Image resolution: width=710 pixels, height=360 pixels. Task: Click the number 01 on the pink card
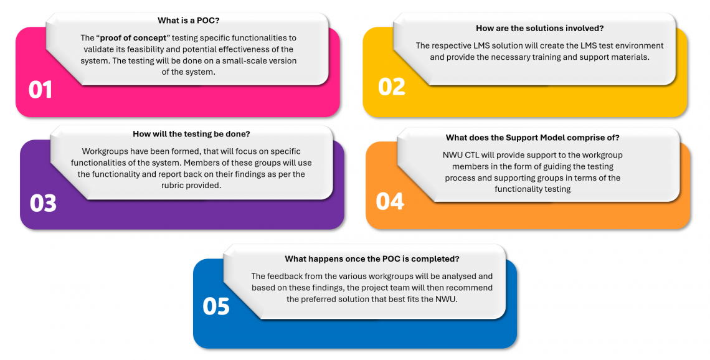click(40, 90)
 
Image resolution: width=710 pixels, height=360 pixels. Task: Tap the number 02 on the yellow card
click(391, 86)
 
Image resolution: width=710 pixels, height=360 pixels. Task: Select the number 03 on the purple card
click(43, 202)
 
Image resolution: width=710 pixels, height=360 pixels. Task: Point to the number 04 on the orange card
click(390, 201)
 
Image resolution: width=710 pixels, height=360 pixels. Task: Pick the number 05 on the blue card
click(216, 306)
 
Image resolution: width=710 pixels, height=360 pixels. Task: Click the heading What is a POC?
click(189, 21)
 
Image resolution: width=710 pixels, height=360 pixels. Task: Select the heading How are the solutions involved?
click(539, 28)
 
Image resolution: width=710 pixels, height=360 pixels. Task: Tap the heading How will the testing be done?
click(191, 134)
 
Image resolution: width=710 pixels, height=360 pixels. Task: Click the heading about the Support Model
click(532, 138)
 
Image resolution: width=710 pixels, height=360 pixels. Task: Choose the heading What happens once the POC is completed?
click(372, 258)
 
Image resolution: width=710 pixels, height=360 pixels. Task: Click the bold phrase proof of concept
click(136, 38)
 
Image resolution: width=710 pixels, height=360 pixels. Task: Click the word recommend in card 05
click(470, 288)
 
